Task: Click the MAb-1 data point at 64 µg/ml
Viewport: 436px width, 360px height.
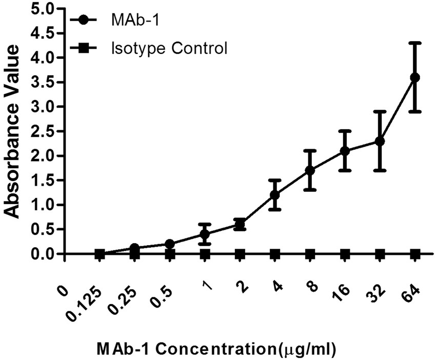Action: point(415,77)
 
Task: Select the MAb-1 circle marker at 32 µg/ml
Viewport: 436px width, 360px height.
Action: point(380,141)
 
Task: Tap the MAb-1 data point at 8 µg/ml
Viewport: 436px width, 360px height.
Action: point(310,170)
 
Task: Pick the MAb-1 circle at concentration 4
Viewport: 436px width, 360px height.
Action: point(275,195)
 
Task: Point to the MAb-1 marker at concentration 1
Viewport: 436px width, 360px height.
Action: point(205,234)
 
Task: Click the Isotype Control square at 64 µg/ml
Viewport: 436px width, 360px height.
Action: point(415,254)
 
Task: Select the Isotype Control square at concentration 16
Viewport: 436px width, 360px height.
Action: point(345,254)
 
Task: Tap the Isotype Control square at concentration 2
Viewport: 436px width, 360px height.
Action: point(240,254)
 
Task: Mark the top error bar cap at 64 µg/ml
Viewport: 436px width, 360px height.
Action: point(415,43)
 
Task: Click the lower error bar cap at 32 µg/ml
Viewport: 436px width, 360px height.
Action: point(380,170)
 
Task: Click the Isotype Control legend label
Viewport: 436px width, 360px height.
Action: point(169,49)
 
